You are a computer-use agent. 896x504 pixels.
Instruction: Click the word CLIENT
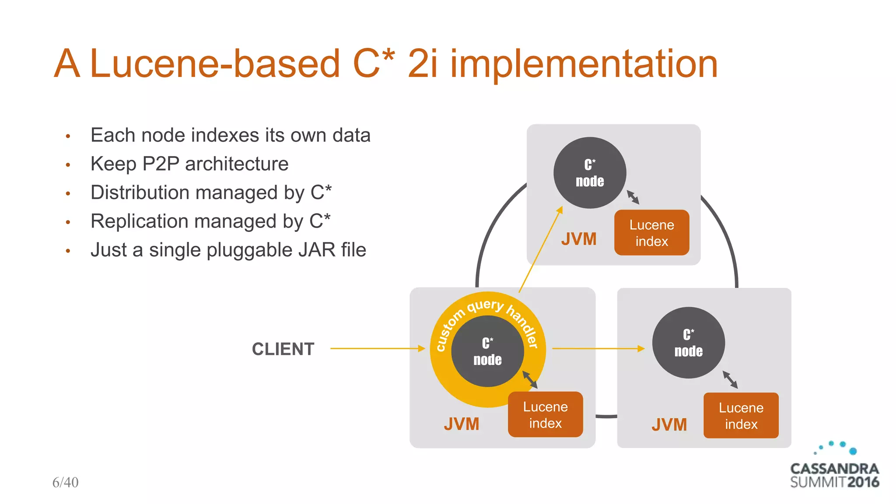pos(283,349)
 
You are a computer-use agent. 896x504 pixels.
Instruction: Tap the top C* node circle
pos(590,173)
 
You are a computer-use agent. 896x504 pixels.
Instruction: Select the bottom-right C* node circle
pos(688,343)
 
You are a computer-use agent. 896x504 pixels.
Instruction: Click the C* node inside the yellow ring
pos(487,351)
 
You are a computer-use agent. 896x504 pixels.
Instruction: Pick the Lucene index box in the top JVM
pos(651,233)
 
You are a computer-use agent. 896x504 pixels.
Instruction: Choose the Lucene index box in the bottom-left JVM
pos(545,415)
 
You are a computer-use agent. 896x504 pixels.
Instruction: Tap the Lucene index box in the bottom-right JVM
pos(741,416)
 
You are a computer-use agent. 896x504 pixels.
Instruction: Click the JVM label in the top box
pos(579,239)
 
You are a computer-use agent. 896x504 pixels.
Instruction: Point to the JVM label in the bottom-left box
pos(462,424)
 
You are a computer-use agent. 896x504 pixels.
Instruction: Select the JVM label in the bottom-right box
pos(669,425)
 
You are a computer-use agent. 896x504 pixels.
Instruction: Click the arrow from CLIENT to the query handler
pos(377,349)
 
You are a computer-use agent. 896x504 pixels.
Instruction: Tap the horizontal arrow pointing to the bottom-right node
pos(598,349)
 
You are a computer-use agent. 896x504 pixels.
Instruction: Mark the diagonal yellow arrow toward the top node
pos(540,249)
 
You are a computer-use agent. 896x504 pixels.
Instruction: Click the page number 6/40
pos(65,482)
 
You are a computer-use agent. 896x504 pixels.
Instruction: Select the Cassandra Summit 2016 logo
pos(834,468)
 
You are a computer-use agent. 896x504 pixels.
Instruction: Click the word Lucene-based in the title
pos(215,64)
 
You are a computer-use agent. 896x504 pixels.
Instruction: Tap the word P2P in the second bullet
pos(161,164)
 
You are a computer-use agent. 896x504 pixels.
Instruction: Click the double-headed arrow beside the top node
pos(633,197)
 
